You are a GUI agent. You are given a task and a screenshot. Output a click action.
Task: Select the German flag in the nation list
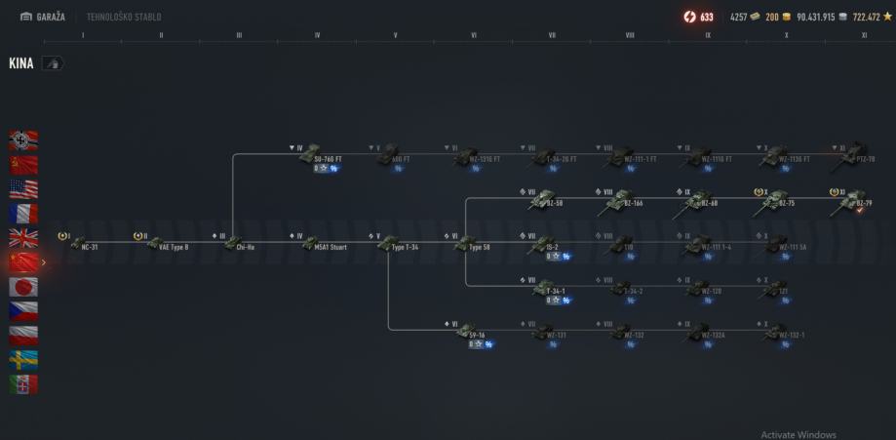(23, 140)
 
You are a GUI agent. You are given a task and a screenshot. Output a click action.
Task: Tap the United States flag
(23, 188)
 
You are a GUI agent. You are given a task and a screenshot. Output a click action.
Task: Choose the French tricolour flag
(23, 213)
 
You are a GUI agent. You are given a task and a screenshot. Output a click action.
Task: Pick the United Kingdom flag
(23, 237)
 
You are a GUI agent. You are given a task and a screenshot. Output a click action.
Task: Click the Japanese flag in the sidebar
(23, 287)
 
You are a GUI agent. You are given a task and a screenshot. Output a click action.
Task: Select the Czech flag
(23, 311)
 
